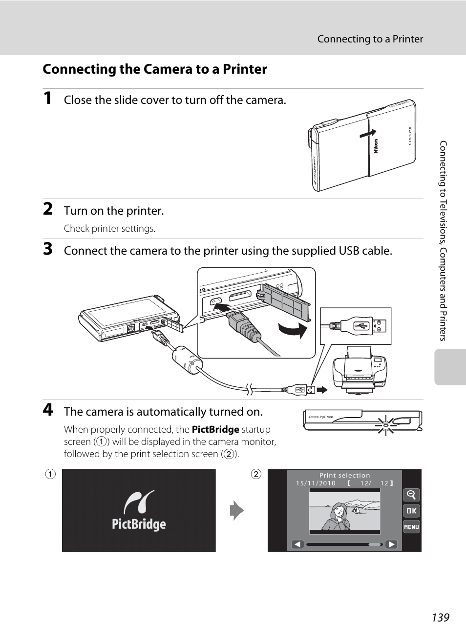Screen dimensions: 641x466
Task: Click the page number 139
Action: [440, 617]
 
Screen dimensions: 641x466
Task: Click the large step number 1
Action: [47, 98]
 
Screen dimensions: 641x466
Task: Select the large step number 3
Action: [47, 249]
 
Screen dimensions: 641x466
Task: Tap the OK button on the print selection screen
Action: [411, 511]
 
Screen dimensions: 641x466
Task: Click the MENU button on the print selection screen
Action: [411, 527]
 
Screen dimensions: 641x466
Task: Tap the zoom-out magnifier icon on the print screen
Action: [411, 495]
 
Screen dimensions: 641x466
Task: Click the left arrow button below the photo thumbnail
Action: [297, 544]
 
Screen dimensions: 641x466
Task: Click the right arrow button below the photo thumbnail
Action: [391, 544]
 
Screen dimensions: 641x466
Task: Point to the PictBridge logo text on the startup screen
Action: [139, 524]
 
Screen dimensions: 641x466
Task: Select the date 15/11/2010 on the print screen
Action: [316, 483]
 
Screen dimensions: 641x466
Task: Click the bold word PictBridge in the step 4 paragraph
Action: [215, 429]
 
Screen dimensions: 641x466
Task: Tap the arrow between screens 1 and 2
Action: [237, 510]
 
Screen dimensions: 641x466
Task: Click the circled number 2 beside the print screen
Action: [256, 474]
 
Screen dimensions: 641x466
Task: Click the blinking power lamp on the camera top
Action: [386, 425]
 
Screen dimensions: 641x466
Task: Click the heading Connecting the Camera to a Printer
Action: [155, 69]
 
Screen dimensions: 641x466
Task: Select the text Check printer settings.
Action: [109, 228]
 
